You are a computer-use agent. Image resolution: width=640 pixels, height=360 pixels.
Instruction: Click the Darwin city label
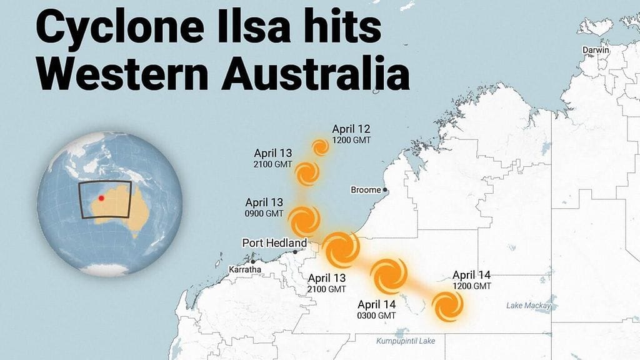[x=596, y=49]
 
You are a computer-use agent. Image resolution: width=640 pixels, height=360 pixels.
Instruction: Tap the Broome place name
[x=365, y=190]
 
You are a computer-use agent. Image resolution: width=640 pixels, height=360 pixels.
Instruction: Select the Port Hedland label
[x=274, y=243]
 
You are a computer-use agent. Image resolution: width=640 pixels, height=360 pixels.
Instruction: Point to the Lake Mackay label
[x=529, y=306]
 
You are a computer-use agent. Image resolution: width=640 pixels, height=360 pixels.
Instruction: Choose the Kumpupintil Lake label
[x=406, y=341]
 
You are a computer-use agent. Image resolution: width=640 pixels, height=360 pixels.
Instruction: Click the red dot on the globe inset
[x=101, y=198]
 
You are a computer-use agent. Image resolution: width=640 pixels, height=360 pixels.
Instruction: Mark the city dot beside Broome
[x=386, y=189]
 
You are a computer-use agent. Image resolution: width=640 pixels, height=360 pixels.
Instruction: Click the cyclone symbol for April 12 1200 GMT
[x=320, y=147]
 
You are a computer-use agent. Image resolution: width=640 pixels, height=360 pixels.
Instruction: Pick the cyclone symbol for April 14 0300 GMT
[x=389, y=274]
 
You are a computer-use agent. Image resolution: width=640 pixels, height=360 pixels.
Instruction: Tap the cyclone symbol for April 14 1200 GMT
[x=448, y=307]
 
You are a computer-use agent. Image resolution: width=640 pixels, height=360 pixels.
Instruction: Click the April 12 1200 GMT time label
[x=351, y=134]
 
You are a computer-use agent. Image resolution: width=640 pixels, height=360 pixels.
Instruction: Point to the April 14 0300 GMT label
[x=376, y=310]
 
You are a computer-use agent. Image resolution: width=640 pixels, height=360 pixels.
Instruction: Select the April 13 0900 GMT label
[x=264, y=207]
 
